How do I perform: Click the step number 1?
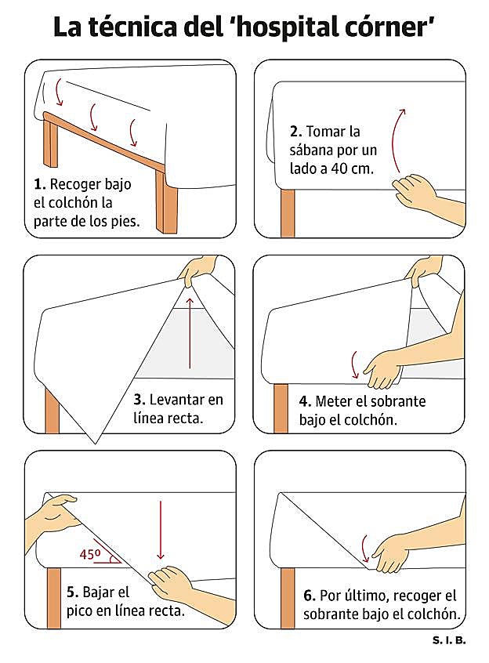pos(39,184)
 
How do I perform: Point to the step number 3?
pos(139,400)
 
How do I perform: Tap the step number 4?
pos(305,401)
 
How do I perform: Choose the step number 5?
pos(73,592)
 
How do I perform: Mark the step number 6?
pos(310,596)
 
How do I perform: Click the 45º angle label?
pos(90,554)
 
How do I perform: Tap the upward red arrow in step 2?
pos(397,140)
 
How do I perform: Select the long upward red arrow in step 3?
pos(190,333)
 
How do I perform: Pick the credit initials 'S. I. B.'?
pos(449,640)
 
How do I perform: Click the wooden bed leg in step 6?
pos(288,598)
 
